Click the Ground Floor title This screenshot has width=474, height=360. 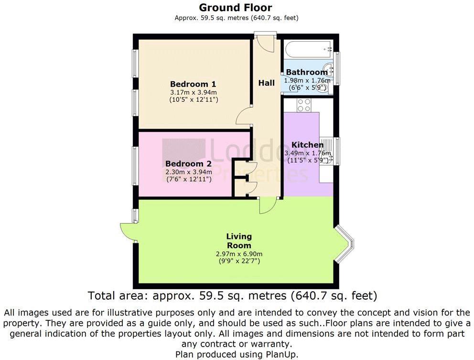click(235, 7)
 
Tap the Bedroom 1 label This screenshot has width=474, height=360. click(193, 84)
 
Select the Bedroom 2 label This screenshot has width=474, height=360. click(188, 164)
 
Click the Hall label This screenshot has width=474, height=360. click(266, 83)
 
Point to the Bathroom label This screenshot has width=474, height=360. click(307, 72)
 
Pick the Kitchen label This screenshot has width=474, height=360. click(307, 144)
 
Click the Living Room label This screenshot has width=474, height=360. click(239, 241)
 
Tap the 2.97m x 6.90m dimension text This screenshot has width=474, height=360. click(239, 254)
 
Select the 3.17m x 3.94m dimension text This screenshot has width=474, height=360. click(194, 92)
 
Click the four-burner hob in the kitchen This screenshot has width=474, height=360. click(304, 105)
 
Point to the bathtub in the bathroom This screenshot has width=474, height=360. click(308, 49)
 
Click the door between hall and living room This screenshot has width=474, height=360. click(268, 206)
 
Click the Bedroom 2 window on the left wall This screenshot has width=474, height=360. click(135, 165)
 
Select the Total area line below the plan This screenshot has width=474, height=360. click(233, 295)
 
